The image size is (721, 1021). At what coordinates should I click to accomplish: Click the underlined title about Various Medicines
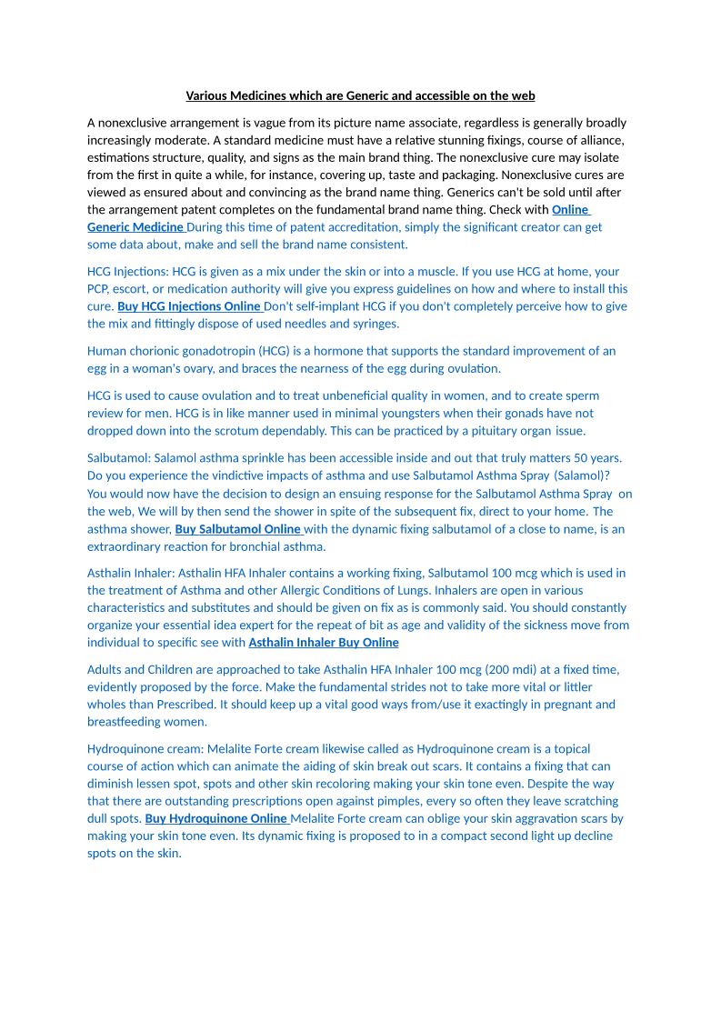[360, 95]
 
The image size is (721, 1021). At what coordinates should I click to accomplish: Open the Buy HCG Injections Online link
[189, 306]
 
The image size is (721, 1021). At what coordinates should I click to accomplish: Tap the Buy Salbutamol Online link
[238, 529]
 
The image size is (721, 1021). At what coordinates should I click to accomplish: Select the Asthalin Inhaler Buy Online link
[324, 643]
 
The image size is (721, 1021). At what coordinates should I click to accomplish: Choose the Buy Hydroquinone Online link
[216, 818]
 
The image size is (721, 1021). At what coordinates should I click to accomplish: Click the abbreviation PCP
[98, 289]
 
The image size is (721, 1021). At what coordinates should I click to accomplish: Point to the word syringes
[374, 324]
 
